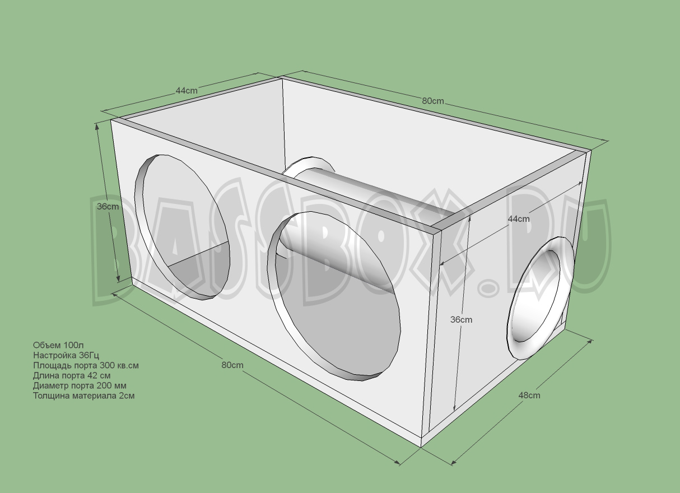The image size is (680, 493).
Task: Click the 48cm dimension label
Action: coord(529,396)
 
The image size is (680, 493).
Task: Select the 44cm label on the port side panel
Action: coord(519,219)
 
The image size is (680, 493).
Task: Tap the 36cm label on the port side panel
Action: coord(462,320)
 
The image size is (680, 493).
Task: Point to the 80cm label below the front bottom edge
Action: coord(232,365)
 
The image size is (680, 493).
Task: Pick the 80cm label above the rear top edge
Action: coord(433,101)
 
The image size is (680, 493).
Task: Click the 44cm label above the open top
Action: coord(187,91)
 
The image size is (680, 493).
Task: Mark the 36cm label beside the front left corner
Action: coord(108,206)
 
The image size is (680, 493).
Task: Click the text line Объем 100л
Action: coord(58,345)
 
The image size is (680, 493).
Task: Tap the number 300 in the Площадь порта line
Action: coord(99,365)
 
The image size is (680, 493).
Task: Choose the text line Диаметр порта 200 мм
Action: coord(80,385)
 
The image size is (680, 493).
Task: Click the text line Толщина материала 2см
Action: coord(83,396)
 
